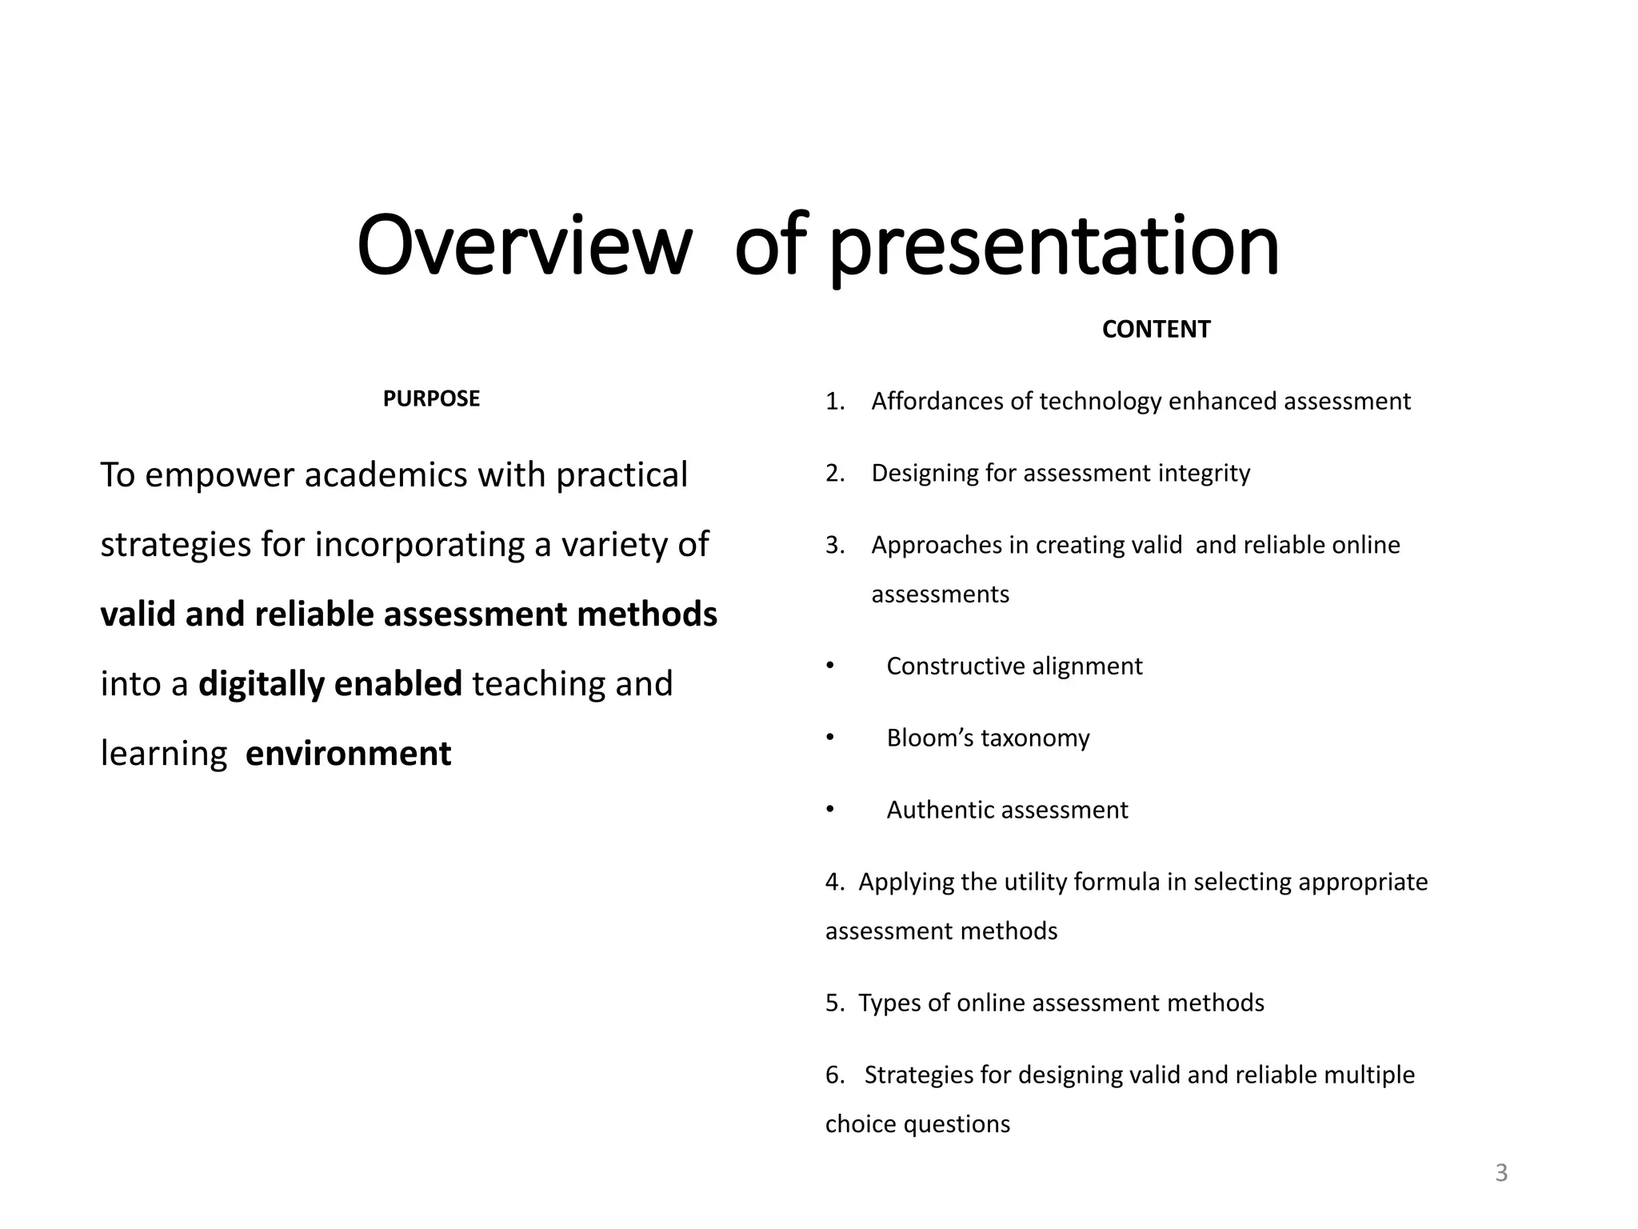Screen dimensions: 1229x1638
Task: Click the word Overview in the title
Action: pyautogui.click(x=524, y=246)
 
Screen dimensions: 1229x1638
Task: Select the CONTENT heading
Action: pyautogui.click(x=1156, y=329)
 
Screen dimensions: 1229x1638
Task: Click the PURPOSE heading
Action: pyautogui.click(x=431, y=398)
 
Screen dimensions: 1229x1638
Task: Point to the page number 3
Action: pyautogui.click(x=1501, y=1173)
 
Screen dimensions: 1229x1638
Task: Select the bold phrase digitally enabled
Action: pyautogui.click(x=330, y=684)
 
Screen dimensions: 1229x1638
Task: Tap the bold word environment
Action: pyautogui.click(x=348, y=754)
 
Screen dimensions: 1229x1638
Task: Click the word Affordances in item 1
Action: pyautogui.click(x=937, y=401)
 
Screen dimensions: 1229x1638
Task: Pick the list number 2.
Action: pyautogui.click(x=834, y=474)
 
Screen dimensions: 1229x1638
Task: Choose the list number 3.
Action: pyautogui.click(x=834, y=546)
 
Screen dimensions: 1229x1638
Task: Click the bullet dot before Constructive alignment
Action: pyautogui.click(x=830, y=666)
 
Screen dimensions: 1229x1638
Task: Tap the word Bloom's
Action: pyautogui.click(x=929, y=738)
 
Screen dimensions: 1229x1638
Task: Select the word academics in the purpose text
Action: pyautogui.click(x=386, y=475)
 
